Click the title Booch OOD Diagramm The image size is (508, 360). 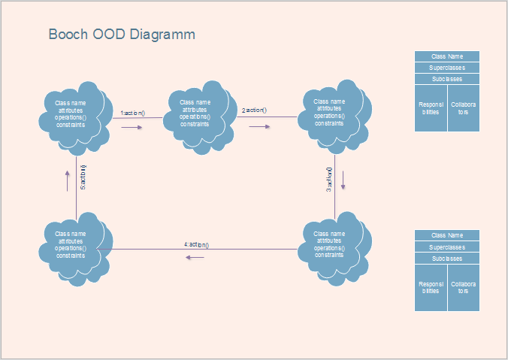click(x=122, y=35)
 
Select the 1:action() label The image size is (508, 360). click(x=132, y=113)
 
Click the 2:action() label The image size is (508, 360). click(x=254, y=110)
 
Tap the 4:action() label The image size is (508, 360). click(x=196, y=245)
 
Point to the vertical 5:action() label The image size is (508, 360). click(x=83, y=177)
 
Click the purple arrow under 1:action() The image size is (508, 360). click(x=132, y=127)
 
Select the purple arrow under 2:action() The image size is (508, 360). click(x=260, y=126)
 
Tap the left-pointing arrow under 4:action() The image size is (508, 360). click(x=195, y=258)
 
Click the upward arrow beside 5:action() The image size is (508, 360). click(x=67, y=178)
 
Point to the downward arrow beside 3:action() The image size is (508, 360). click(x=343, y=180)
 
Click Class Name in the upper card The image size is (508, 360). click(x=447, y=56)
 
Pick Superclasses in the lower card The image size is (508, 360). click(x=447, y=247)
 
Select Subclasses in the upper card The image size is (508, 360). click(x=447, y=79)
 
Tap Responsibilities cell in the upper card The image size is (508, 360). click(x=431, y=108)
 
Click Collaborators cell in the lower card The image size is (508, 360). click(x=464, y=288)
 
